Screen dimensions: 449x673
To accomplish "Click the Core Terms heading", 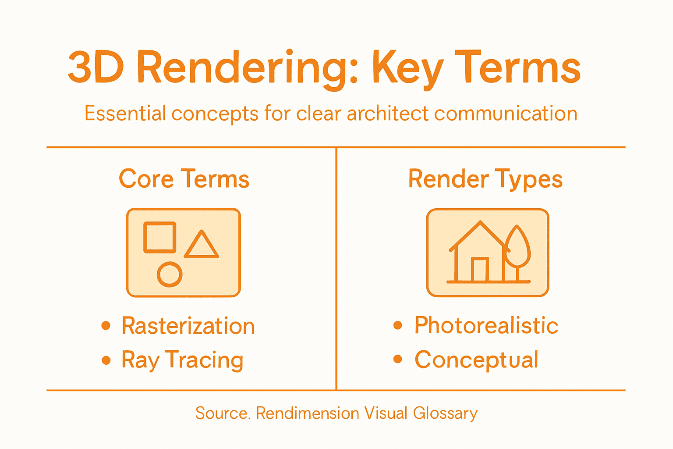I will coord(184,179).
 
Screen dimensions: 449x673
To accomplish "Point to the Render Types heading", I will coord(485,179).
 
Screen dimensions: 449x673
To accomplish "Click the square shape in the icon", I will coord(160,237).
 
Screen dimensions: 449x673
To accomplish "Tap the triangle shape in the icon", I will coord(201,246).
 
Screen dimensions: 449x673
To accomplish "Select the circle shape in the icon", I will coord(170,274).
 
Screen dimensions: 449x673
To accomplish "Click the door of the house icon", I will coord(480,270).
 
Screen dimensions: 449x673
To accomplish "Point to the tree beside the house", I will coord(518,248).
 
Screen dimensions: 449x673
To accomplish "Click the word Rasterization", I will coord(188,326).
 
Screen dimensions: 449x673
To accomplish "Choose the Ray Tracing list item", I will coord(182,360).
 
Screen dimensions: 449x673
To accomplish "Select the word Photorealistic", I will coord(486,325).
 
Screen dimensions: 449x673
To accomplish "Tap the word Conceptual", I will coord(476,360).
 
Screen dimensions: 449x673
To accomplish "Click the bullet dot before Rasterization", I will coord(106,325).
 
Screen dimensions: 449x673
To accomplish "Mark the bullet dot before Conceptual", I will coord(398,359).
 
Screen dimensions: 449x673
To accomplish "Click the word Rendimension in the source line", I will coord(308,413).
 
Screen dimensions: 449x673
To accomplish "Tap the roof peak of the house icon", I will coord(481,223).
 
